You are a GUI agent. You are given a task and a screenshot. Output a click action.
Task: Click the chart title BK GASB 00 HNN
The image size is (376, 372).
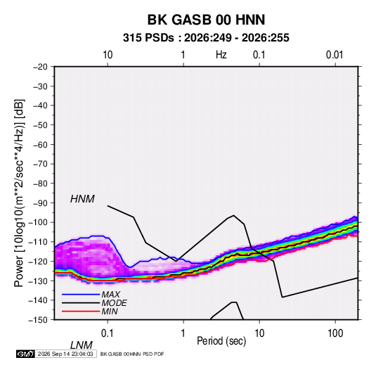click(x=206, y=20)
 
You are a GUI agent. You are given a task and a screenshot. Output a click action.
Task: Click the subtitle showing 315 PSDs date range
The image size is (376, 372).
click(x=206, y=38)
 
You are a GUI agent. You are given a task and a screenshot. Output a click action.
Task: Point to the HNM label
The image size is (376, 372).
click(x=82, y=199)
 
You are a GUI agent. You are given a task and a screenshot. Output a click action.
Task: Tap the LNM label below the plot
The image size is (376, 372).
click(x=82, y=345)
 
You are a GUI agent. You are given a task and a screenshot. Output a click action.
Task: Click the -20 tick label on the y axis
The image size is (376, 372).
click(x=40, y=67)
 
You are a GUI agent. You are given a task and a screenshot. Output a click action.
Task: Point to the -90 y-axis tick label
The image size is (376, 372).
click(x=40, y=203)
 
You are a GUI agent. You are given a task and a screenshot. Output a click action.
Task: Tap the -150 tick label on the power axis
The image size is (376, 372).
click(x=38, y=320)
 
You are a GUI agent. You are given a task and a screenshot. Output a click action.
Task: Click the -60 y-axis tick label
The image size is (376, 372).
click(x=40, y=144)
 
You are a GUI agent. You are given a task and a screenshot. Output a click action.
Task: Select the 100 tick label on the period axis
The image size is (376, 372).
click(x=335, y=333)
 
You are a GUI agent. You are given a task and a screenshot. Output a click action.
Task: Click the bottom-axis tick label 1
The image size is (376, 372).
click(x=183, y=333)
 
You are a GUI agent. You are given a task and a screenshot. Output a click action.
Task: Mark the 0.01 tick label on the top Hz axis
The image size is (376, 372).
click(x=335, y=55)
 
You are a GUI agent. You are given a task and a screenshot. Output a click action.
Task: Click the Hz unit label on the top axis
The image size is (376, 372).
click(x=221, y=55)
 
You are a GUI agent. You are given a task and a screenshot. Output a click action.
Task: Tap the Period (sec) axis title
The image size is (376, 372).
click(x=221, y=341)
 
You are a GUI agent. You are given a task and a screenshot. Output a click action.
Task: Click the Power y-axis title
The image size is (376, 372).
click(x=19, y=193)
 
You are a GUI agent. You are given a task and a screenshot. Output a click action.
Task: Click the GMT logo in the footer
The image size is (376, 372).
click(x=25, y=354)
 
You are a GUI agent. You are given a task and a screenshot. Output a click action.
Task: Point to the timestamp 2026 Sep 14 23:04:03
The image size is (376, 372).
click(x=65, y=354)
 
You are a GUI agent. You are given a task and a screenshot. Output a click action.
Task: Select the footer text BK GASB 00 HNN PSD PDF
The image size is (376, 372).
click(x=132, y=354)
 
